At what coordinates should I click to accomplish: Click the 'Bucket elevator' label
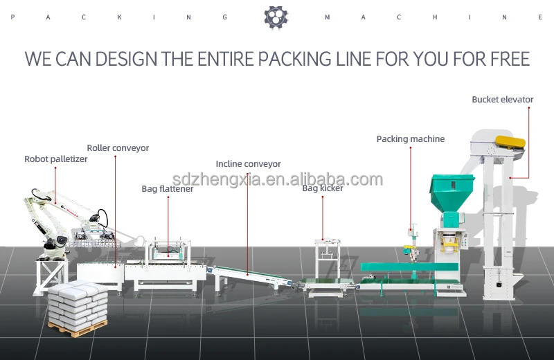click(x=502, y=100)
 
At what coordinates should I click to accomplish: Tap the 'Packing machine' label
click(x=410, y=139)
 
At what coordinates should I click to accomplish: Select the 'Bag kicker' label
click(x=322, y=188)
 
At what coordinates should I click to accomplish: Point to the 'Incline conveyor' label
click(x=248, y=164)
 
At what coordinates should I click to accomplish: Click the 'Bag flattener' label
click(x=168, y=188)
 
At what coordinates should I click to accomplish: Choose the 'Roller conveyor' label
click(x=118, y=148)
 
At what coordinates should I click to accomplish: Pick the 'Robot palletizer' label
click(x=55, y=159)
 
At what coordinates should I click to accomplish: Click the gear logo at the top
click(x=276, y=17)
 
